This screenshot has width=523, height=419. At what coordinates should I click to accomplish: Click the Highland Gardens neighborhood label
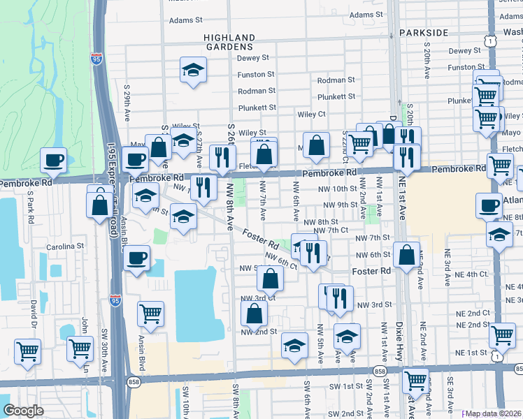229,43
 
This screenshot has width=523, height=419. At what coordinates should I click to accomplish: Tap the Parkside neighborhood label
424,33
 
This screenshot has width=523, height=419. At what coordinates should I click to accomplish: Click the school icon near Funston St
193,70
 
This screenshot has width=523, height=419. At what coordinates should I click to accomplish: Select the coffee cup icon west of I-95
53,161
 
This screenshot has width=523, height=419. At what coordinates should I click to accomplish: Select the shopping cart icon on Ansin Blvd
150,315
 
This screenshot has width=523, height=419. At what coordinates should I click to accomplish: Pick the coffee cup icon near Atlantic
488,205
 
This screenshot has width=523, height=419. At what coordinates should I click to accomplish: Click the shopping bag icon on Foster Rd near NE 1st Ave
406,255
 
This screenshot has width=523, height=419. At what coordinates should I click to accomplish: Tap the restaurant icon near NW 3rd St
339,297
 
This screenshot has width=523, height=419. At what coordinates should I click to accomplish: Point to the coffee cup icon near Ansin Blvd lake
136,258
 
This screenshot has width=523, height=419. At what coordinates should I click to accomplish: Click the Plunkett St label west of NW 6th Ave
257,108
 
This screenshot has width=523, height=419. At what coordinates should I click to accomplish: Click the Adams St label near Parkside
364,15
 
